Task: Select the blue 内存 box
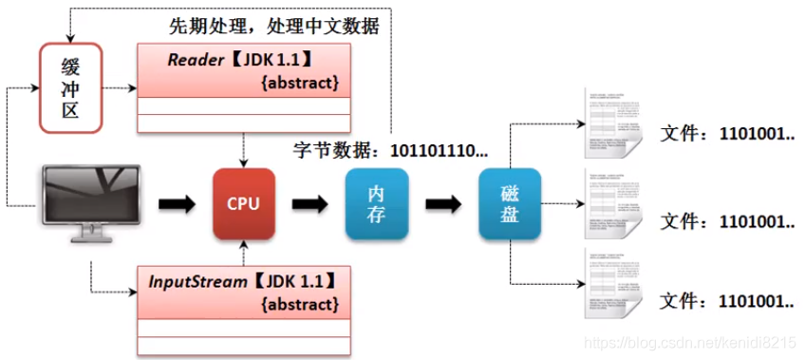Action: [x=377, y=202]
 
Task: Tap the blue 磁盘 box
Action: [x=510, y=202]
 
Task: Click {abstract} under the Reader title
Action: [x=299, y=84]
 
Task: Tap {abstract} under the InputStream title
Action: [x=299, y=305]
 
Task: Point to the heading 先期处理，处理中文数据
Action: [x=286, y=26]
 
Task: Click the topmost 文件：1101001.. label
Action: [x=727, y=134]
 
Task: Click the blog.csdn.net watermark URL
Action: [x=690, y=342]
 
